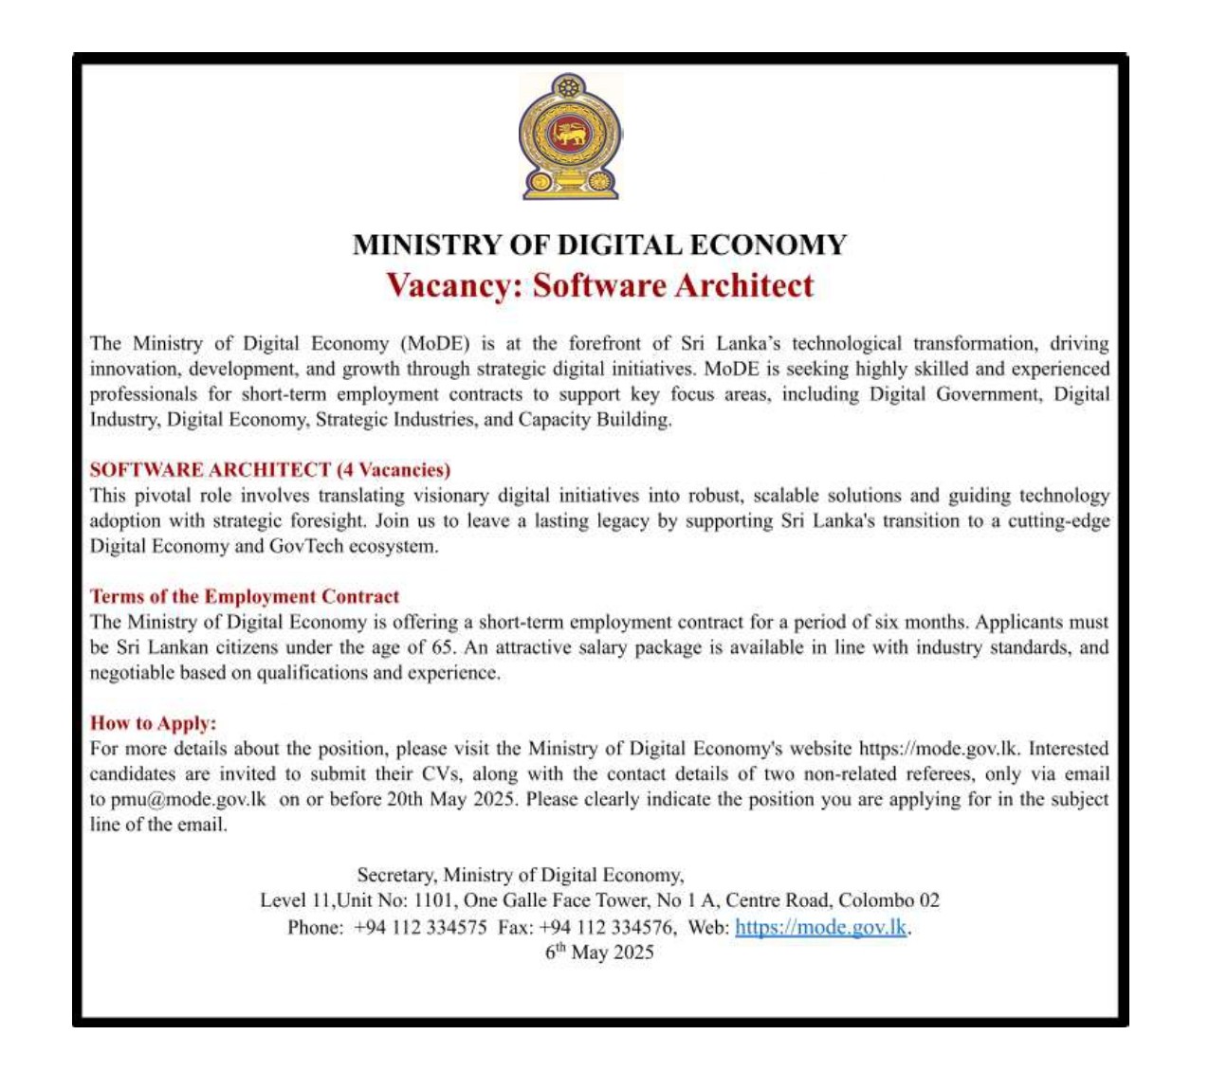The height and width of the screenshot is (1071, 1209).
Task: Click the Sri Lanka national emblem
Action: (570, 136)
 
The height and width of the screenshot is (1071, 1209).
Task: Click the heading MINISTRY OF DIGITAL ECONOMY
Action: (599, 245)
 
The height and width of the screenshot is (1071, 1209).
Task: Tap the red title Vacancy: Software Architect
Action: (599, 285)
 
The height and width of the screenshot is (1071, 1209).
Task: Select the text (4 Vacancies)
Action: (394, 470)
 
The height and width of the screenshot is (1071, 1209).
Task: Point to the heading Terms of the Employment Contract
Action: (245, 596)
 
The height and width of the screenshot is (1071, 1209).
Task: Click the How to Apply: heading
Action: (154, 723)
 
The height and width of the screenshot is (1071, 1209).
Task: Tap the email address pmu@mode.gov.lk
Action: (189, 799)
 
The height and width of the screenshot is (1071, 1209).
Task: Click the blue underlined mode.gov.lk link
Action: (821, 927)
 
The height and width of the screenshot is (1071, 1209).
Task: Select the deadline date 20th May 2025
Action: (451, 799)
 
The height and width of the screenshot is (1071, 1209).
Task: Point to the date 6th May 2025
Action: (599, 953)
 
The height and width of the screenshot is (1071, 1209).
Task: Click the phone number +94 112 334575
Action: (420, 927)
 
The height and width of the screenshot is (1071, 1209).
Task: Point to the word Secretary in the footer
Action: (396, 876)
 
